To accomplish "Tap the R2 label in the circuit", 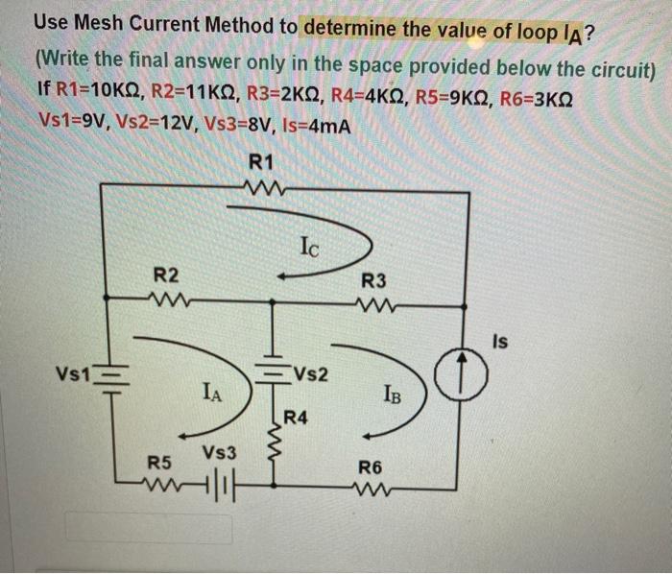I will pyautogui.click(x=170, y=277).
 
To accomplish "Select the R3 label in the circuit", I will pyautogui.click(x=375, y=282).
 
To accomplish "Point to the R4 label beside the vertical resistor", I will pyautogui.click(x=297, y=417).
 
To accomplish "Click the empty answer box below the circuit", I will pyautogui.click(x=149, y=528).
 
